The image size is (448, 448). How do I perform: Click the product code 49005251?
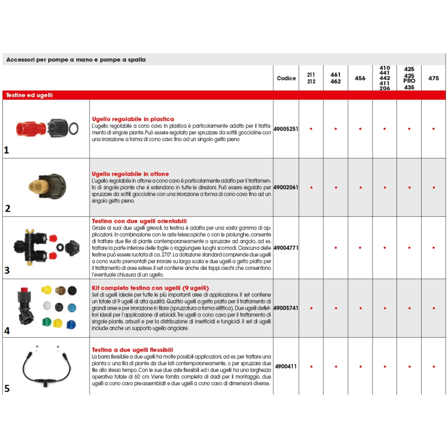(x=286, y=129)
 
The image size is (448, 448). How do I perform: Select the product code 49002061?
(x=286, y=188)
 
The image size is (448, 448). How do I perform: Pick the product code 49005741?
(x=286, y=308)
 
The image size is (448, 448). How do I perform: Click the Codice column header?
(x=286, y=78)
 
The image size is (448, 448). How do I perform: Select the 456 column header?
(x=360, y=78)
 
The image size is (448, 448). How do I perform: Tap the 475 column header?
(x=433, y=78)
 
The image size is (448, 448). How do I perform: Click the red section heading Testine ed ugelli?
(x=29, y=95)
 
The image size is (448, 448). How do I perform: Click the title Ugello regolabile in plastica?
(x=133, y=119)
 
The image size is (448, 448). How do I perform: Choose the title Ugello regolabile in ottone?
(x=130, y=174)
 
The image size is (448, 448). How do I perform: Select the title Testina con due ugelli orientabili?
(x=139, y=221)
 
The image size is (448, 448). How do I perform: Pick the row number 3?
(x=7, y=270)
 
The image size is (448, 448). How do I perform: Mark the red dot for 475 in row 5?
(x=433, y=367)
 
